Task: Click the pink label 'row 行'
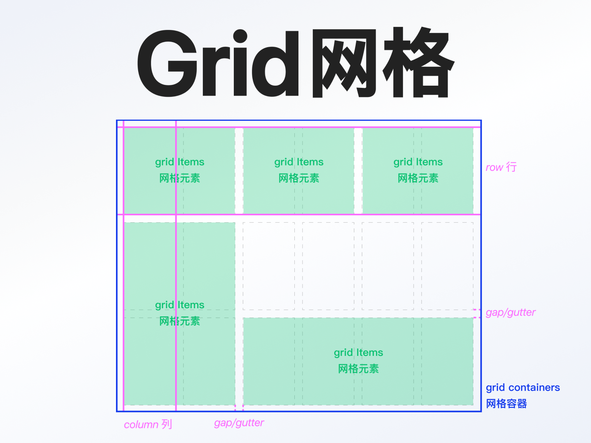(x=501, y=167)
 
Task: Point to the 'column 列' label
(x=148, y=425)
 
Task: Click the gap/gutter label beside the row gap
(x=510, y=312)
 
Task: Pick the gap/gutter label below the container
(x=239, y=423)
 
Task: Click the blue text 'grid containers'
(x=523, y=388)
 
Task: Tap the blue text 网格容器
(x=506, y=404)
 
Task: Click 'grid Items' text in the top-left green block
(x=180, y=162)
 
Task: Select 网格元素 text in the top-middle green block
(x=299, y=178)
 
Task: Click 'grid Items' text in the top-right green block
(x=418, y=162)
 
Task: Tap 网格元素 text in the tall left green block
(x=180, y=321)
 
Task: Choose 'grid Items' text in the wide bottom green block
(x=358, y=353)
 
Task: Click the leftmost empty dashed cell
(x=269, y=266)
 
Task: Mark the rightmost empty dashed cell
(x=447, y=266)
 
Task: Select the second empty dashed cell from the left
(x=328, y=266)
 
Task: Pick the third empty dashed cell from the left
(x=388, y=266)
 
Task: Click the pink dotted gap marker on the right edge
(x=477, y=314)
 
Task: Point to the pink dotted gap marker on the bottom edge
(x=239, y=408)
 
